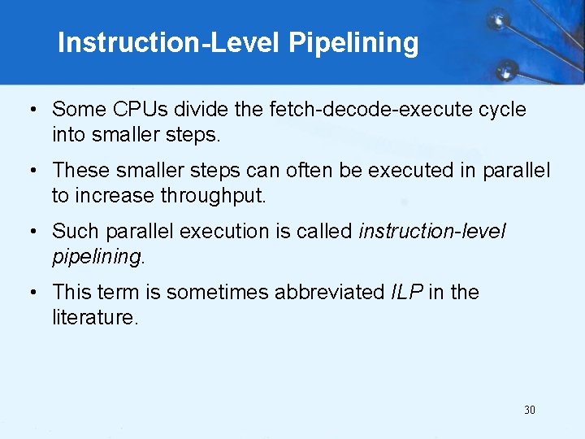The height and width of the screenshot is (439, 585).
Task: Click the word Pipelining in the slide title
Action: (x=353, y=42)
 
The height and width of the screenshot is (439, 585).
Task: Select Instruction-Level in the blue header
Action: (x=169, y=42)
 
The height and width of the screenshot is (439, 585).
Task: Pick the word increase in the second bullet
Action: (x=116, y=196)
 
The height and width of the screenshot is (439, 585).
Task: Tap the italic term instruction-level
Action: (x=432, y=231)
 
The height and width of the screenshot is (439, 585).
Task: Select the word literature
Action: (x=94, y=317)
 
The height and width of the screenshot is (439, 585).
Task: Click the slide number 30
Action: (x=530, y=410)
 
